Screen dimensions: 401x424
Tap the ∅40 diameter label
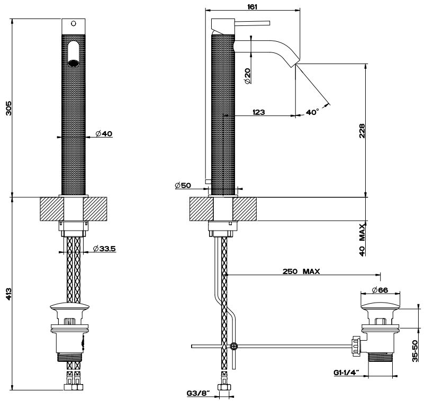(x=104, y=134)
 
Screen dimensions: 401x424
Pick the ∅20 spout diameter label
(x=247, y=75)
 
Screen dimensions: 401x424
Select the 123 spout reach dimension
(x=259, y=112)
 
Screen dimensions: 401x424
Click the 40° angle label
(x=312, y=112)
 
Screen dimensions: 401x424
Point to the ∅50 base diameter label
(x=182, y=186)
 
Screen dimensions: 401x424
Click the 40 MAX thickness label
(x=362, y=240)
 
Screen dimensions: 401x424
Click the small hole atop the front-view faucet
(x=74, y=24)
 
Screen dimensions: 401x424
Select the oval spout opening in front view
(x=74, y=52)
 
